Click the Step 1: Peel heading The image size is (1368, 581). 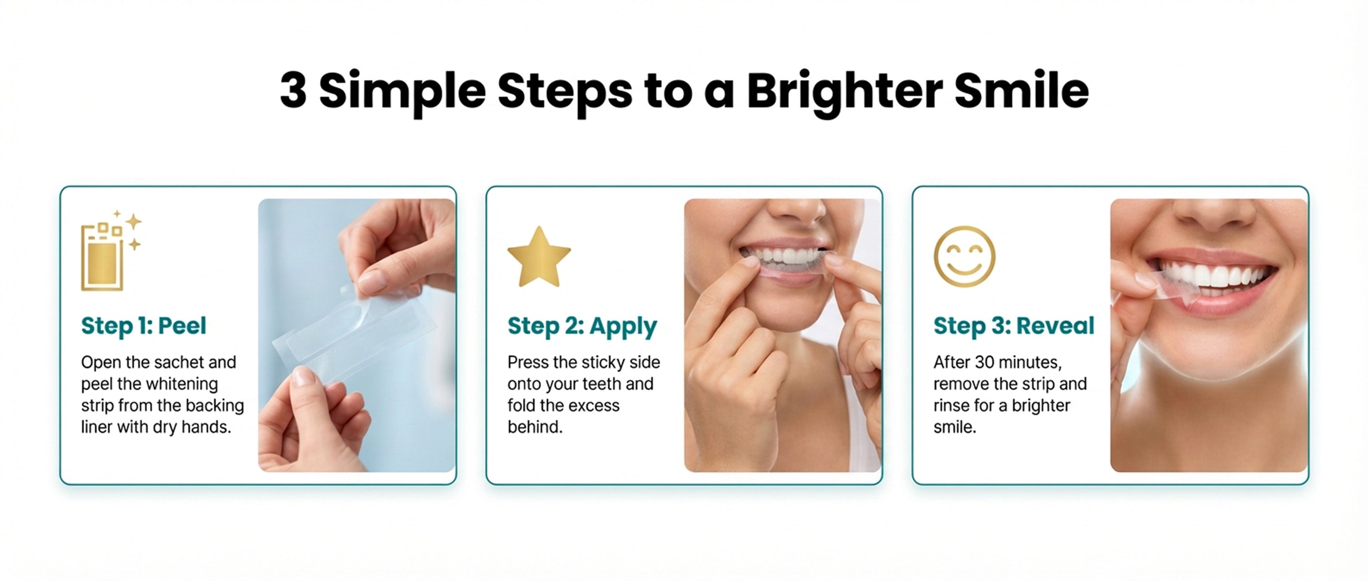coord(143,325)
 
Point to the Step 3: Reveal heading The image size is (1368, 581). coord(1014,325)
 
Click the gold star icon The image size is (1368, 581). coord(539,257)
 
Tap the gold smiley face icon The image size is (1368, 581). coord(964,257)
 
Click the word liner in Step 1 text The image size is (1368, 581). coord(97,427)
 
